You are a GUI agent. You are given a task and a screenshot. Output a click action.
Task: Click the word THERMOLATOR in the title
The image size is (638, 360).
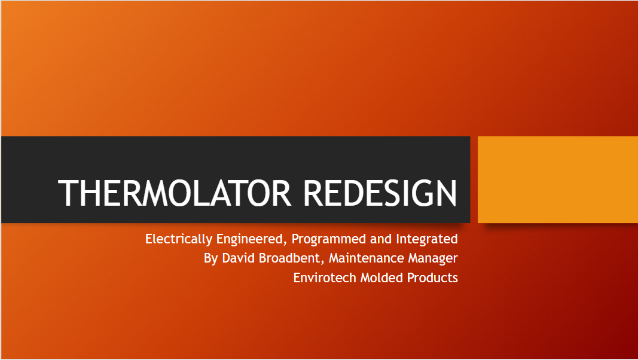coord(175,193)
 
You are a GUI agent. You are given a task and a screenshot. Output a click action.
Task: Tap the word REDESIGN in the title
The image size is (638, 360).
coord(380,193)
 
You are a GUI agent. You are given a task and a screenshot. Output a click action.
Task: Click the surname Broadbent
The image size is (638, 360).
coord(289,258)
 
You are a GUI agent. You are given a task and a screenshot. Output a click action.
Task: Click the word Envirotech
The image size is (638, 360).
coord(325,278)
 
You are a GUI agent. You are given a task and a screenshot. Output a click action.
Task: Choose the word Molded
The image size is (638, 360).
coord(381,278)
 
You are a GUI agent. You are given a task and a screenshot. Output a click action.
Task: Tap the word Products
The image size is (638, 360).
coord(432,278)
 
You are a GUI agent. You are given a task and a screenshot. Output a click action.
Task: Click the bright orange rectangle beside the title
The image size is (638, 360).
coord(558,179)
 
